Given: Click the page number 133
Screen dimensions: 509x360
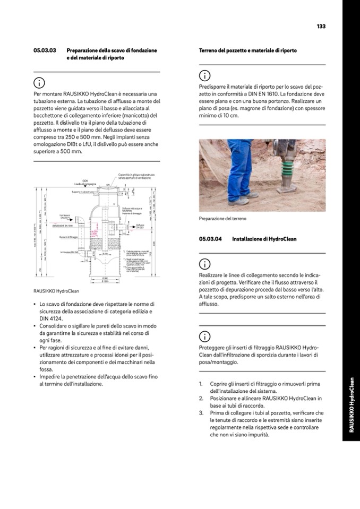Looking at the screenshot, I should point(321,27).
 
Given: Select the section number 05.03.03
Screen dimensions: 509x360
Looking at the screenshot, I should point(45,50).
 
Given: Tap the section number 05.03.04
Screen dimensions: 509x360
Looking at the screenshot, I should point(210,239).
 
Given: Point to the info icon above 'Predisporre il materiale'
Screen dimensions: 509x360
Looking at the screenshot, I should point(204,75).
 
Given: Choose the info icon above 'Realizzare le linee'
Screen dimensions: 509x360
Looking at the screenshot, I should point(204,264).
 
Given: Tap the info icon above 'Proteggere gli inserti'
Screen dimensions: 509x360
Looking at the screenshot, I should point(204,336).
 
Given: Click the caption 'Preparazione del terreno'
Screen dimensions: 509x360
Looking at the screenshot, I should point(222,219).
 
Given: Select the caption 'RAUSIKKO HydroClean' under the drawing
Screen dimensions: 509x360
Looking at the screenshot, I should point(53,291).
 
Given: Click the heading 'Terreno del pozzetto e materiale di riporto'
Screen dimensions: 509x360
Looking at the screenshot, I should point(247,50).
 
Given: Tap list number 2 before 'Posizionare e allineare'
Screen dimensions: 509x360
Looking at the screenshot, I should point(201,398).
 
